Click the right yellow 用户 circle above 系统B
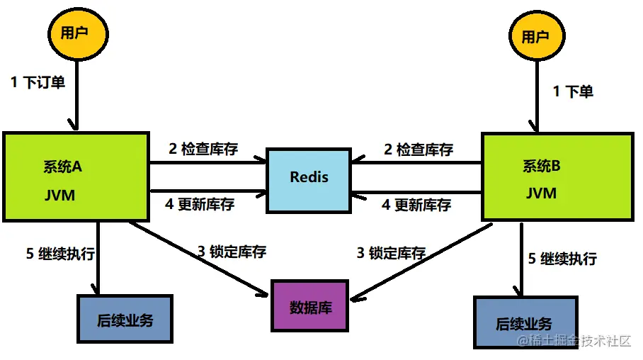click(535, 37)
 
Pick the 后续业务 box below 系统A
click(125, 319)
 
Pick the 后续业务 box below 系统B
click(524, 323)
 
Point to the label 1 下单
click(573, 91)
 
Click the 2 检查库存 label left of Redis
click(203, 149)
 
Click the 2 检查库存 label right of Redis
click(419, 150)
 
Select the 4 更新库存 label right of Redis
click(416, 205)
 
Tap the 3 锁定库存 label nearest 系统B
click(391, 252)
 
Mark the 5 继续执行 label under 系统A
click(61, 253)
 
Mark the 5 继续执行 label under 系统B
click(563, 258)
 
